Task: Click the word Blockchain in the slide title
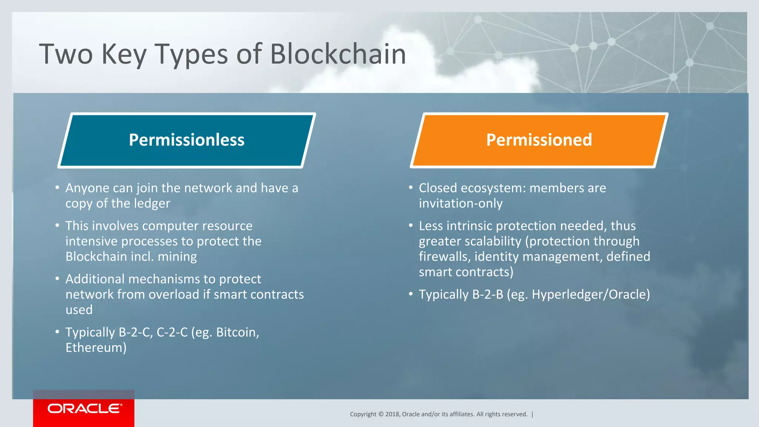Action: [x=338, y=54]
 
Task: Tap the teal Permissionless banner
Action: [x=186, y=140]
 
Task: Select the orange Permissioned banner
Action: [x=539, y=140]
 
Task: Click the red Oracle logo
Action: [x=84, y=408]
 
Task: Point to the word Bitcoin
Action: [x=237, y=333]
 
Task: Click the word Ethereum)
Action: [x=96, y=348]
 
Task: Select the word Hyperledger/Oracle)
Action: [x=591, y=295]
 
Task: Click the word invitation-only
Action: [x=461, y=204]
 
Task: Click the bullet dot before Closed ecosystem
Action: [x=411, y=188]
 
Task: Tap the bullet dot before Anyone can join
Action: [x=57, y=188]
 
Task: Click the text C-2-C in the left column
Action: [x=172, y=333]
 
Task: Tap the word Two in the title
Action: [x=66, y=54]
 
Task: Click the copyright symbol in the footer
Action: [x=381, y=414]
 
